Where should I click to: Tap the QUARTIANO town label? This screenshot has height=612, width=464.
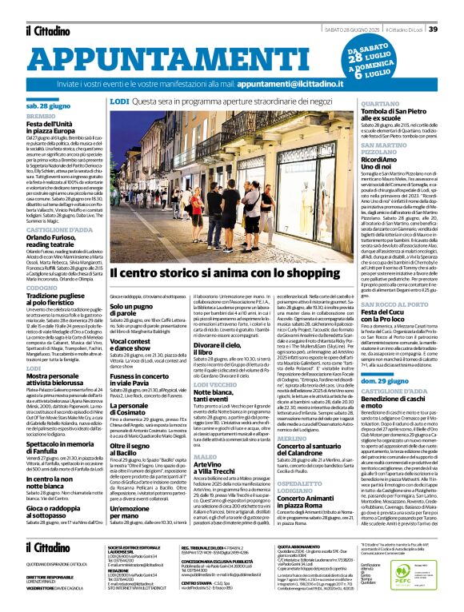(x=379, y=104)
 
